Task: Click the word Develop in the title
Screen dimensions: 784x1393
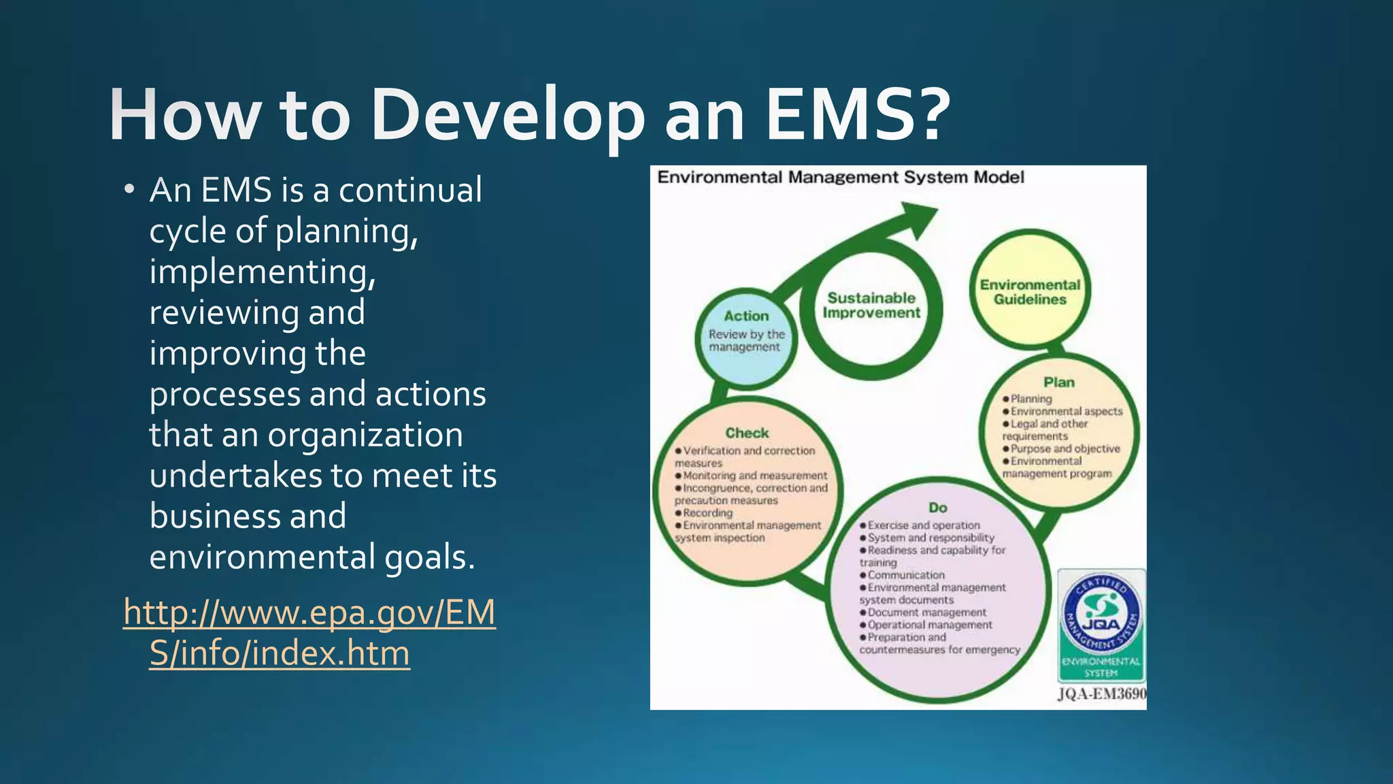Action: pyautogui.click(x=507, y=116)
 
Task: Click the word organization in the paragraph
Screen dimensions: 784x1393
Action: pyautogui.click(x=365, y=435)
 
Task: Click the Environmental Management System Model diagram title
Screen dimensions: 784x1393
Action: pyautogui.click(x=840, y=178)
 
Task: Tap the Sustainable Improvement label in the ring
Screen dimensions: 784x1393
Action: pyautogui.click(x=871, y=306)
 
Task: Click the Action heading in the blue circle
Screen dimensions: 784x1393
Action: pyautogui.click(x=746, y=316)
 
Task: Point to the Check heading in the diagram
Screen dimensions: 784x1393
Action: pyautogui.click(x=747, y=433)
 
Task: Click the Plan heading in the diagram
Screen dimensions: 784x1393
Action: pyautogui.click(x=1059, y=382)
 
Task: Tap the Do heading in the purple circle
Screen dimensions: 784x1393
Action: pyautogui.click(x=938, y=508)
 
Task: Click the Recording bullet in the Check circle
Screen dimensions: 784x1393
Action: pyautogui.click(x=707, y=513)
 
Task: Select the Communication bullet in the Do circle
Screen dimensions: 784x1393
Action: pyautogui.click(x=905, y=575)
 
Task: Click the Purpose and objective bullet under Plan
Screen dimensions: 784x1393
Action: pyautogui.click(x=1064, y=448)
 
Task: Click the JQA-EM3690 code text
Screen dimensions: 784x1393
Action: pyautogui.click(x=1101, y=694)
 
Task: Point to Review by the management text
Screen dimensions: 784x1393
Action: pyautogui.click(x=746, y=340)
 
